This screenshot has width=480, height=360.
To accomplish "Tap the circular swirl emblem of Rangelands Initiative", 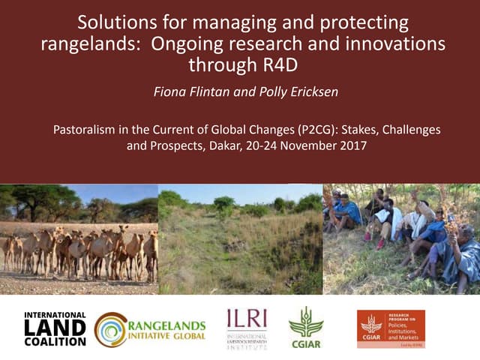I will pyautogui.click(x=110, y=329).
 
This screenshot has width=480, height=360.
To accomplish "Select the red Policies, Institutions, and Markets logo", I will pyautogui.click(x=390, y=328).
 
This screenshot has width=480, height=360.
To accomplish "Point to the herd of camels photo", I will pyautogui.click(x=79, y=251).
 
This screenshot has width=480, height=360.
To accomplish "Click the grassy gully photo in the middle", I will pyautogui.click(x=240, y=240).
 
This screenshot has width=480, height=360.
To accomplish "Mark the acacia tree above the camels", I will pyautogui.click(x=37, y=201).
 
